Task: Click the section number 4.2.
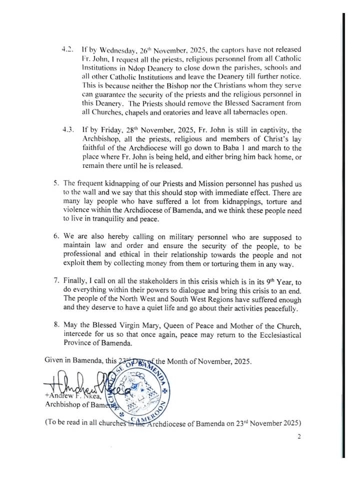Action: click(67, 50)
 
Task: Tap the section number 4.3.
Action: click(67, 129)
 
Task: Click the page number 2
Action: click(299, 436)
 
